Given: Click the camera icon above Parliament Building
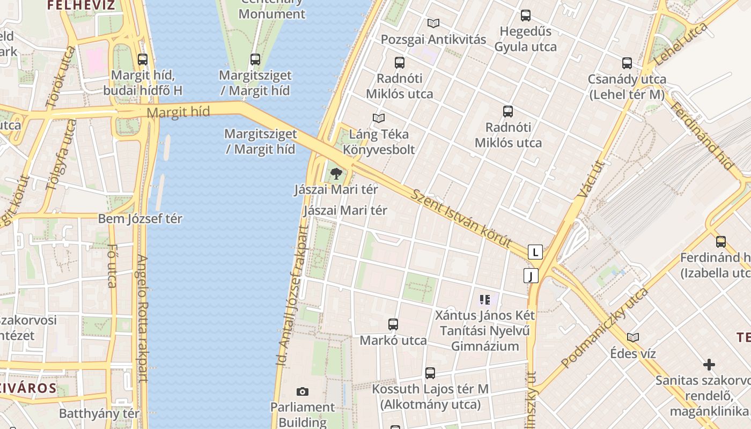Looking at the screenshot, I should click(303, 392).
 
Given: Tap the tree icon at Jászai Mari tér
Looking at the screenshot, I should click(336, 173).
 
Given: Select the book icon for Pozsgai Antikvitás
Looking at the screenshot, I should click(433, 23).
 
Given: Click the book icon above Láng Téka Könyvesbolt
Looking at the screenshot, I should click(379, 118).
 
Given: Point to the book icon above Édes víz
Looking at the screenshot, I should click(633, 337).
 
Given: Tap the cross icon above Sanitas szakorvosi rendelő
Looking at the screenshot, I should click(709, 365).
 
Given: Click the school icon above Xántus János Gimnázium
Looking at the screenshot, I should click(485, 300).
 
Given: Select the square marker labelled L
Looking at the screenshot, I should click(535, 252).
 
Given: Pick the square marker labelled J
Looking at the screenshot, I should click(531, 276).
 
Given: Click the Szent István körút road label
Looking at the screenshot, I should click(461, 217).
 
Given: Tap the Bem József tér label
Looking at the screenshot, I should click(140, 219).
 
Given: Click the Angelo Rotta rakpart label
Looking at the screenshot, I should click(142, 317).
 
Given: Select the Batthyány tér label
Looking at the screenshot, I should click(99, 413).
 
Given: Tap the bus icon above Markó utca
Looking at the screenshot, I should click(393, 324).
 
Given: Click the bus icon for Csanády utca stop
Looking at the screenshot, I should click(627, 63).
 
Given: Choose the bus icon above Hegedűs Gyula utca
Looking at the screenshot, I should click(526, 16).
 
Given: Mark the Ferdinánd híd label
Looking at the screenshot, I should click(701, 136).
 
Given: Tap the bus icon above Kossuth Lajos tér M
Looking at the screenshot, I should click(430, 373).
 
